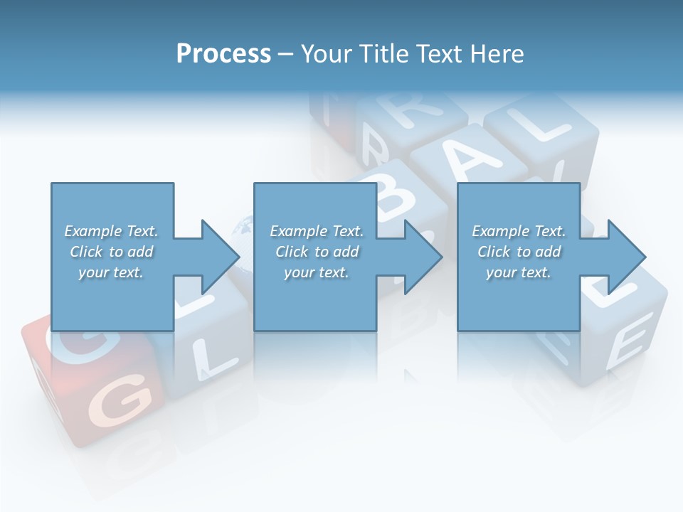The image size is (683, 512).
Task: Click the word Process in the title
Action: [x=223, y=54]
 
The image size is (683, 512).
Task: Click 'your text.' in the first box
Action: [x=110, y=272]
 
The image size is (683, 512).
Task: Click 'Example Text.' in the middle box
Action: [x=317, y=231]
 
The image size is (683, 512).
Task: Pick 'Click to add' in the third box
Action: [x=519, y=252]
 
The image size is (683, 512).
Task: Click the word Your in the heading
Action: [x=328, y=54]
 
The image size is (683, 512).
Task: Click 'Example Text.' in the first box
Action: [x=111, y=231]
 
